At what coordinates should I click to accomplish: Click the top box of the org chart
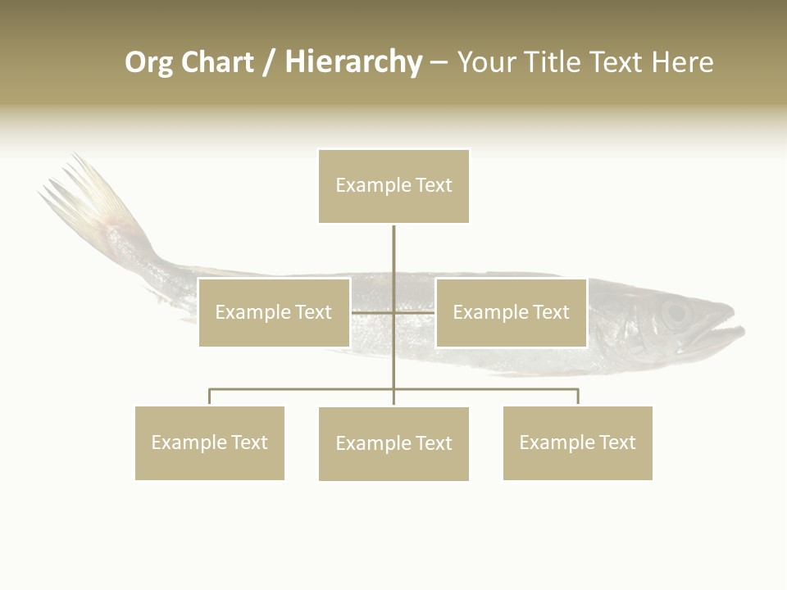click(x=393, y=186)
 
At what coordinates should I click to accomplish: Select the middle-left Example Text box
click(x=274, y=312)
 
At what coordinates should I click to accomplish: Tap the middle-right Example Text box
click(x=511, y=312)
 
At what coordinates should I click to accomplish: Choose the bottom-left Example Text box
click(x=210, y=442)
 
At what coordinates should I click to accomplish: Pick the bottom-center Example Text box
click(x=393, y=443)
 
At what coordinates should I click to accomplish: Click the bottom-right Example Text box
click(x=578, y=442)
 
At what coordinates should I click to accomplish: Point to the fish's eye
click(x=676, y=312)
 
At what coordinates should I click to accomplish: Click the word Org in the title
click(x=149, y=62)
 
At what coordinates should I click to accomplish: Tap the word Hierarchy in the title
click(x=353, y=62)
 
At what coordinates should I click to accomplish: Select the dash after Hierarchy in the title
click(x=439, y=62)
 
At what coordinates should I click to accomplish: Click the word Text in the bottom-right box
click(x=617, y=442)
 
